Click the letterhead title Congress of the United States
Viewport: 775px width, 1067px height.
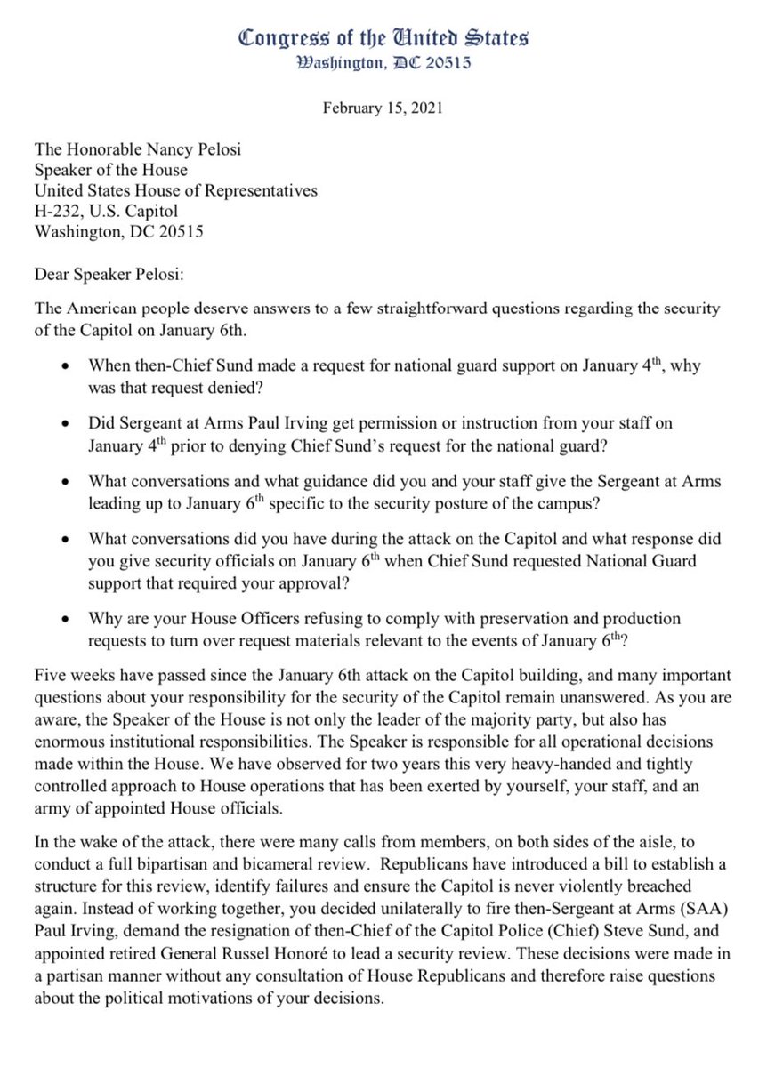(x=383, y=38)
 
